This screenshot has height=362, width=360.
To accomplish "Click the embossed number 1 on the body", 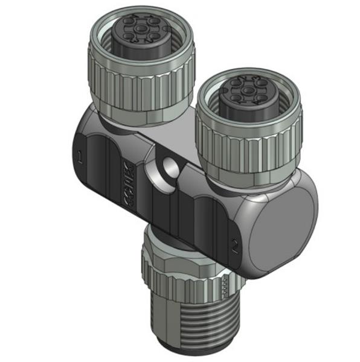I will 80,159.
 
